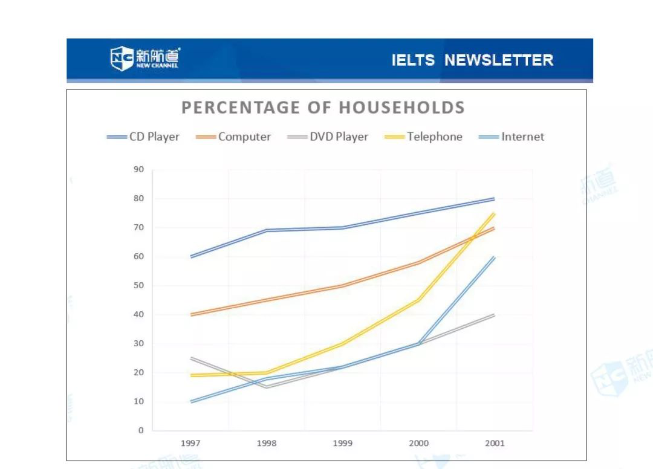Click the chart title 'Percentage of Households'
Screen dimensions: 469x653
click(x=323, y=108)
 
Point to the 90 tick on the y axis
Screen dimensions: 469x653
click(x=139, y=169)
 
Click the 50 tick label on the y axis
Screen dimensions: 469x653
click(x=139, y=285)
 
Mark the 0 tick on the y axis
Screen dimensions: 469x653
click(x=141, y=430)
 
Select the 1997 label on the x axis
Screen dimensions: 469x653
click(x=190, y=443)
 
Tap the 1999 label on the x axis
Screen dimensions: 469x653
click(x=343, y=443)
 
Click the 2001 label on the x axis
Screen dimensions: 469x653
click(x=495, y=443)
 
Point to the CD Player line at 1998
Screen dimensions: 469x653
click(x=267, y=230)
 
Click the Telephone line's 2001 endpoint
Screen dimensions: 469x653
click(x=495, y=213)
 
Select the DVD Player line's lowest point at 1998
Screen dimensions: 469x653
click(x=267, y=387)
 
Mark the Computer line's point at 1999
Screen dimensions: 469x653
click(x=343, y=285)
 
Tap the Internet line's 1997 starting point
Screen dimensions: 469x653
click(x=191, y=401)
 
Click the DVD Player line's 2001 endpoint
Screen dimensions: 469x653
click(x=495, y=314)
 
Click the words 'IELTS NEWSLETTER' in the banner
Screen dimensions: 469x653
click(x=472, y=60)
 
